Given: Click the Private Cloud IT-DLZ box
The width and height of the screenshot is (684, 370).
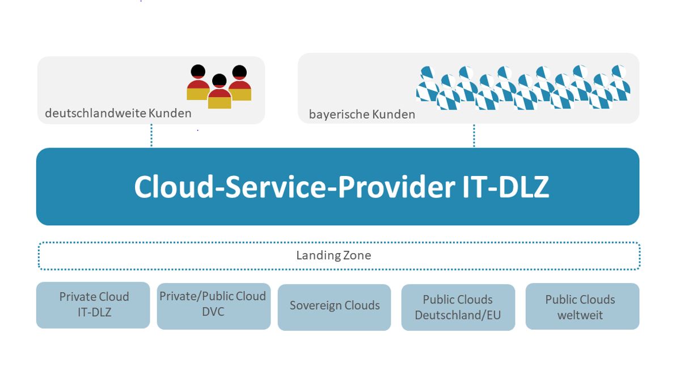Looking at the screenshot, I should pyautogui.click(x=93, y=305).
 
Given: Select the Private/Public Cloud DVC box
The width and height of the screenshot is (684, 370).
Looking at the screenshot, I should pyautogui.click(x=213, y=306).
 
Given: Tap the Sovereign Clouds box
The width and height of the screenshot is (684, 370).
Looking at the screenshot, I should pyautogui.click(x=334, y=306).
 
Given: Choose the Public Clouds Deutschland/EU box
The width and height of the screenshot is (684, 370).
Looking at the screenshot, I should pyautogui.click(x=458, y=307).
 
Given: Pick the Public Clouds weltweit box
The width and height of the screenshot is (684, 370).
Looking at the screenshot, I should pyautogui.click(x=582, y=306).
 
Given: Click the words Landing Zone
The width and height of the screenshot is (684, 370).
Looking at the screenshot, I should pyautogui.click(x=333, y=255).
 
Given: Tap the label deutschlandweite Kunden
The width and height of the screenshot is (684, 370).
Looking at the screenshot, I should pyautogui.click(x=118, y=113).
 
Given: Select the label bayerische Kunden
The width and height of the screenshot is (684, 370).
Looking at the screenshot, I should pyautogui.click(x=362, y=115).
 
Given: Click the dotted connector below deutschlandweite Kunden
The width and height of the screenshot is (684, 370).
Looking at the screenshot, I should pyautogui.click(x=151, y=136).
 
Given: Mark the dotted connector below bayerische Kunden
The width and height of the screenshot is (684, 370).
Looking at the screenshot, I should pyautogui.click(x=474, y=136).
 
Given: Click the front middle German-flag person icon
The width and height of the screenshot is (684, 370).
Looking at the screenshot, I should pyautogui.click(x=219, y=92).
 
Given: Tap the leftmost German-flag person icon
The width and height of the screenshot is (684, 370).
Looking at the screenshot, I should pyautogui.click(x=198, y=83).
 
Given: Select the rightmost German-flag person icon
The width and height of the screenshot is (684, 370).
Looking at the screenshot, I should pyautogui.click(x=240, y=83).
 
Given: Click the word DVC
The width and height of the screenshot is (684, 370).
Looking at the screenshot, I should pyautogui.click(x=213, y=312).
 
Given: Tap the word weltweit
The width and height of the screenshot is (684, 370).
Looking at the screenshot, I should pyautogui.click(x=580, y=314).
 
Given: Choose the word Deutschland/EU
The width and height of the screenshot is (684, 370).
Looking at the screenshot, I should pyautogui.click(x=458, y=314).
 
